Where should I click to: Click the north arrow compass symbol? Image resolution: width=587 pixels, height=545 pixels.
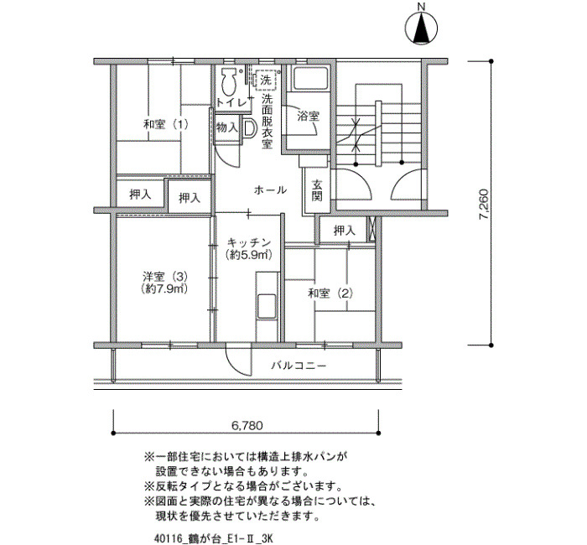click(x=421, y=29)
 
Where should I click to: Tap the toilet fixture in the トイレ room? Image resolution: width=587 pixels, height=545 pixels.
click(x=228, y=81)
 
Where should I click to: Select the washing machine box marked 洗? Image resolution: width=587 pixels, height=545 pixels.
click(x=266, y=80)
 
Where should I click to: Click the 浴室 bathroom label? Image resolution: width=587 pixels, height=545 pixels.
click(x=308, y=117)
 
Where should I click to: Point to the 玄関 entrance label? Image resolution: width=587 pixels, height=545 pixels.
click(x=317, y=190)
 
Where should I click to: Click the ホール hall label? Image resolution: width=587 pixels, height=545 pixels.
click(x=270, y=190)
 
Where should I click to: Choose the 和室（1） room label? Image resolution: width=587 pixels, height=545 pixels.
click(x=166, y=124)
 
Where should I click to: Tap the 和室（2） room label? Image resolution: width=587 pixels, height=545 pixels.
click(x=330, y=293)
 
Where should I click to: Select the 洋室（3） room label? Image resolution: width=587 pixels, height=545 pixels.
click(x=164, y=277)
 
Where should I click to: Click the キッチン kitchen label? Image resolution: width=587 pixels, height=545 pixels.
click(x=249, y=242)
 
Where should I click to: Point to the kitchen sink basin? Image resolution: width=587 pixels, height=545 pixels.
click(x=267, y=307)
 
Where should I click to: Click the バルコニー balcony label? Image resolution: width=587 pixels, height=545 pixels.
click(x=299, y=365)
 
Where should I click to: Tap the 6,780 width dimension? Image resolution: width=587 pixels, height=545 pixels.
click(x=247, y=425)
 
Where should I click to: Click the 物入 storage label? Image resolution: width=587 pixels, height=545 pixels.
click(x=227, y=128)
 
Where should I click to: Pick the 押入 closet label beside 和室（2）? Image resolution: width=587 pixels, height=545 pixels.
click(x=344, y=231)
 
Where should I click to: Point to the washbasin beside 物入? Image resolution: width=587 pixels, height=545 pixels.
click(x=249, y=127)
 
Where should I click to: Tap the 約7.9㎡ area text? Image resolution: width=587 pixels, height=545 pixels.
click(x=164, y=289)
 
